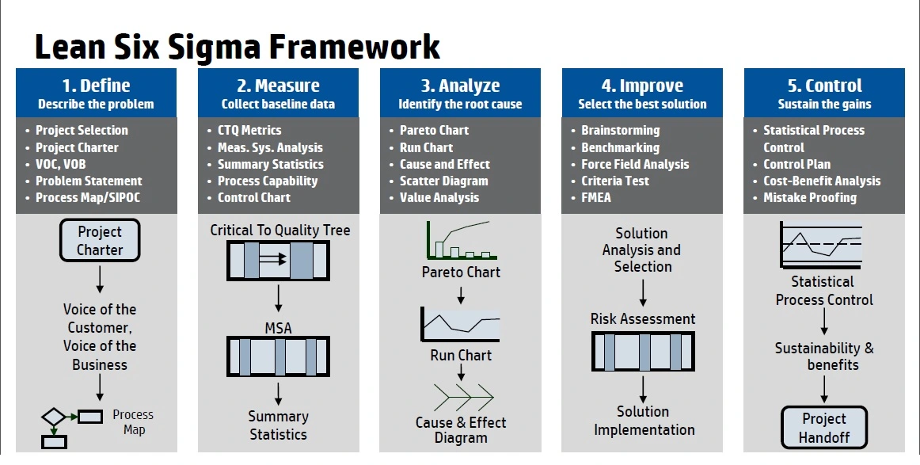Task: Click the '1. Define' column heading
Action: tap(97, 86)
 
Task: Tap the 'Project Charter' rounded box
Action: tap(100, 240)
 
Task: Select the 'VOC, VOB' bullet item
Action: tap(60, 165)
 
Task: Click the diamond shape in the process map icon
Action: tap(53, 417)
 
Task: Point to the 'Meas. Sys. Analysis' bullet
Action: tap(270, 147)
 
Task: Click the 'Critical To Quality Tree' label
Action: tap(279, 231)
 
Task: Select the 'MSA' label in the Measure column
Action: tap(278, 328)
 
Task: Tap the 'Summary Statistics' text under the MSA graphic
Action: tap(278, 425)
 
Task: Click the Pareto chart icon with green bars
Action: tap(462, 240)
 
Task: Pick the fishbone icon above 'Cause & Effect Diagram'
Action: tap(463, 397)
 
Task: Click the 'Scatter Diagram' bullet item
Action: tap(443, 181)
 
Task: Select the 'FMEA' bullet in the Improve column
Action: tap(596, 198)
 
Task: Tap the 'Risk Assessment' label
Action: tap(642, 318)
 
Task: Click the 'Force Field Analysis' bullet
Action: tap(635, 165)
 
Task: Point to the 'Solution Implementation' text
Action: tap(644, 421)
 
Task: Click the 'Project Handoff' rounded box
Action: tap(823, 428)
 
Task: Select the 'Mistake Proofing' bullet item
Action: tap(810, 198)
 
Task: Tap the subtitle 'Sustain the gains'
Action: tap(824, 104)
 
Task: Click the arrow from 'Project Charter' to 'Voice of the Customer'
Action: tap(100, 280)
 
